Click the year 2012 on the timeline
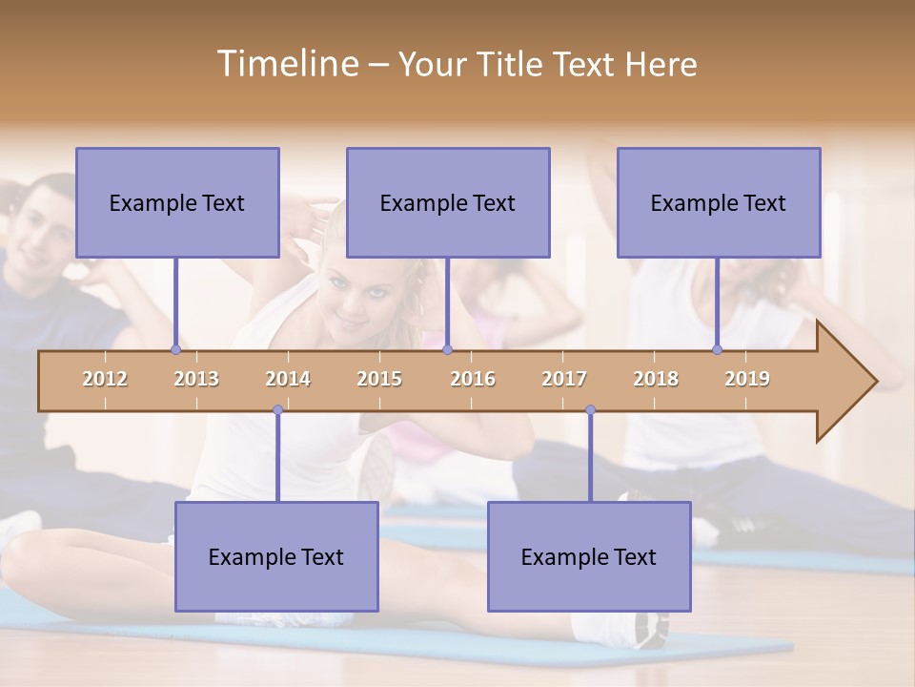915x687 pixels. pos(105,379)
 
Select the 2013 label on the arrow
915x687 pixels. pos(196,379)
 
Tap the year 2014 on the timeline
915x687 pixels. pos(288,379)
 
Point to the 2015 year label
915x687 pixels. pos(379,379)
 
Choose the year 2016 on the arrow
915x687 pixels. pos(473,379)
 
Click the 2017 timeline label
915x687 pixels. pos(564,379)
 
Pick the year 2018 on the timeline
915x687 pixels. pos(656,379)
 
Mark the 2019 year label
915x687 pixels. pos(747,379)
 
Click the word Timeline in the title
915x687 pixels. pos(286,64)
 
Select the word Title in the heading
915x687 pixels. pos(510,65)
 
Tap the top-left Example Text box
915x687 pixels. pos(177,202)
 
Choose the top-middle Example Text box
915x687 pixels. pos(448,202)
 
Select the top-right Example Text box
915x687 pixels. pos(719,202)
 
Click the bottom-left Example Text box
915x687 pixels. pos(276,556)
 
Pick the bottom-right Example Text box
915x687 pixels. pos(589,556)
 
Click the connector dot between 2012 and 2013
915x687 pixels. pos(175,350)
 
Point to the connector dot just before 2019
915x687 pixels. pos(718,350)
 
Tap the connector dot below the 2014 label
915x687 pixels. pos(277,410)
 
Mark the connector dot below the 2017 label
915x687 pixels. pos(590,410)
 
